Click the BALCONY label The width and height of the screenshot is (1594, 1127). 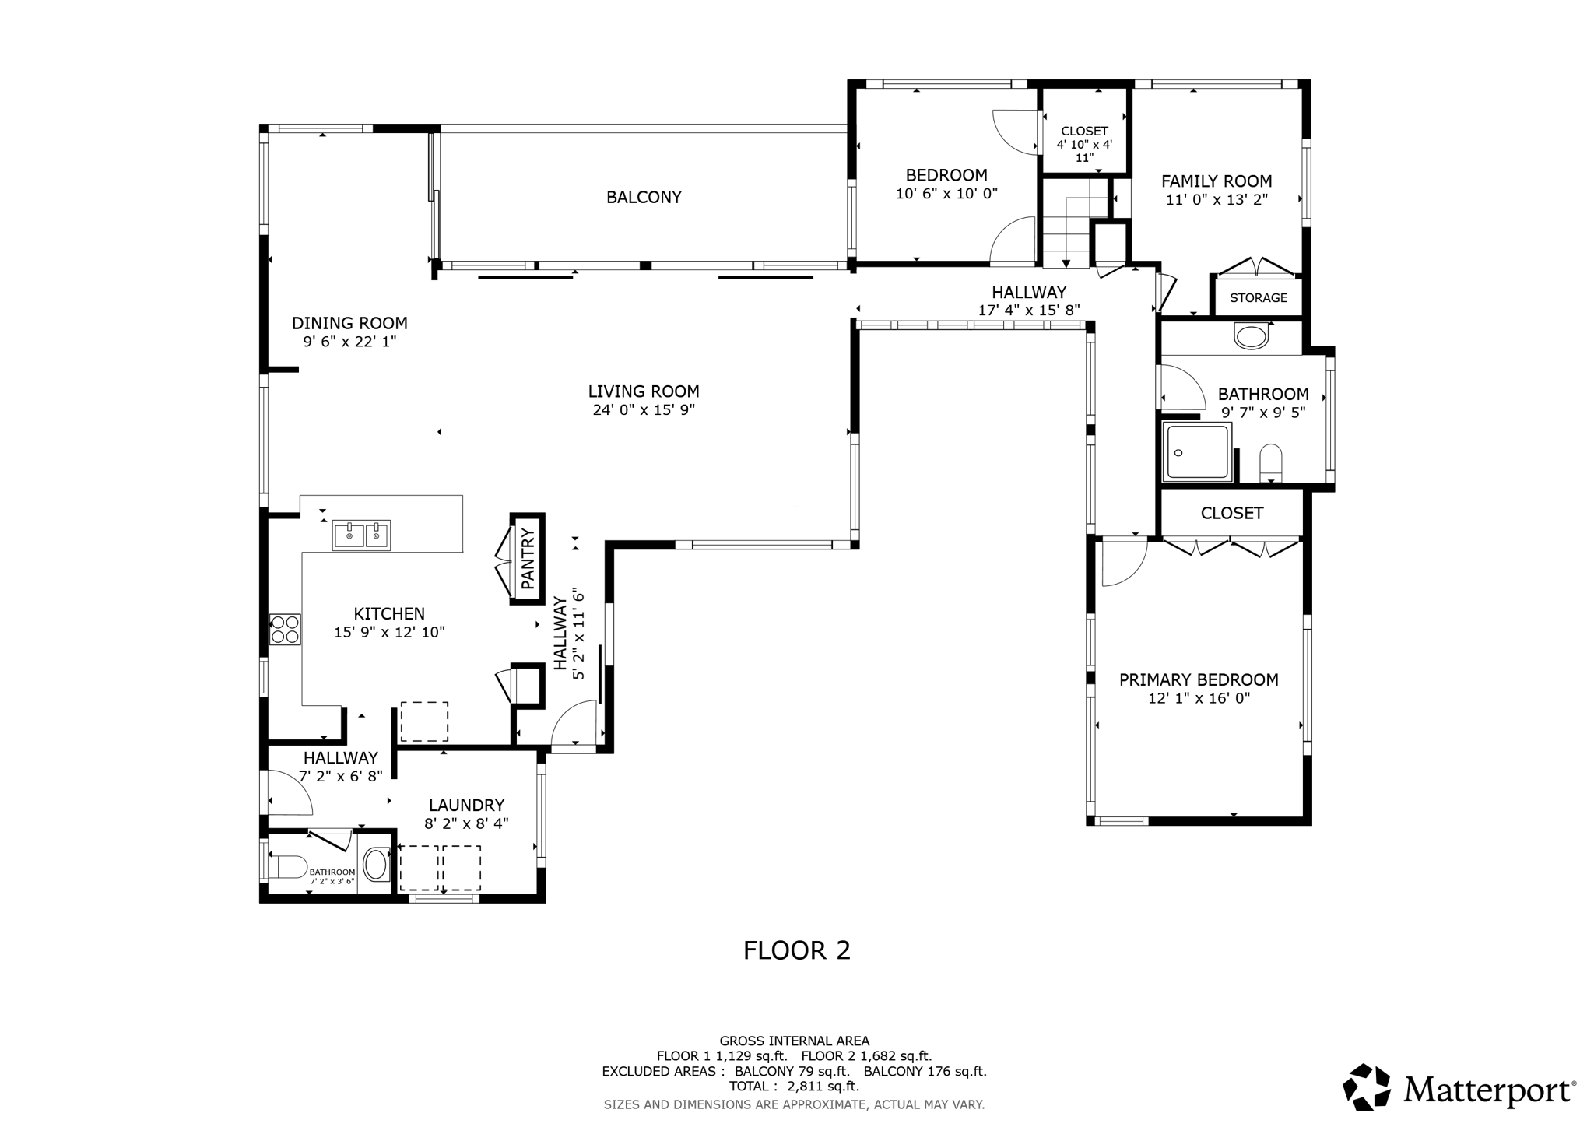pos(644,198)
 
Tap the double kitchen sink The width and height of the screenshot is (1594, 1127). pos(361,535)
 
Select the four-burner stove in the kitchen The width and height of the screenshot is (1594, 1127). pos(285,630)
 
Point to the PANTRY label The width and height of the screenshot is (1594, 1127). pos(528,558)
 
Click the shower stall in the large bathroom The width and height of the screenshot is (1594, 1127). pos(1197,451)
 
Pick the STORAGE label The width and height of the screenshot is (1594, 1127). pos(1259,298)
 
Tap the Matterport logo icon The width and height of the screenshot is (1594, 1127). pos(1367,1087)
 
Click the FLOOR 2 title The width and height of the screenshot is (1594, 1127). pos(797,950)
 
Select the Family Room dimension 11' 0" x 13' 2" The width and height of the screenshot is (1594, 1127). pos(1217,199)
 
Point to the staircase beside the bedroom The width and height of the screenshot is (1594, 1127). pos(1074,224)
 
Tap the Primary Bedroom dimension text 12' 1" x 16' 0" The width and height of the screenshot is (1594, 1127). pos(1199,698)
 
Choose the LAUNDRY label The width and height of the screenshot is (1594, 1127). pos(466,806)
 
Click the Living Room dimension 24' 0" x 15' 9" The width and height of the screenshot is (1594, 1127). pos(644,410)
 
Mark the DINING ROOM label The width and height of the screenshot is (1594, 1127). pos(349,323)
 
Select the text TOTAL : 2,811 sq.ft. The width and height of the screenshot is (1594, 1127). pos(794,1087)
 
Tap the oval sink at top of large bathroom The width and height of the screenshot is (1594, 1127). pos(1251,336)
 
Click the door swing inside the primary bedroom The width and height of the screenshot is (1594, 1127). pos(1125,564)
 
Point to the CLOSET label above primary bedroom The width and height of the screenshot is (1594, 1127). pos(1231,514)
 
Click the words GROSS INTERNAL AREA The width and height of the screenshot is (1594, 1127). pos(794,1041)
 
